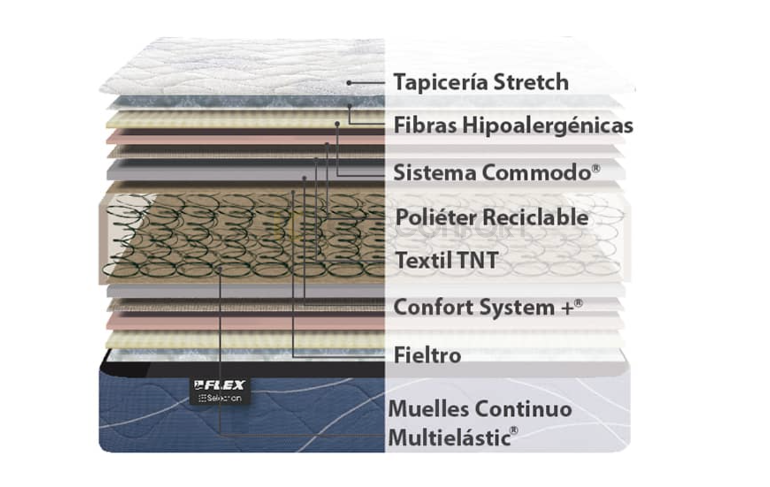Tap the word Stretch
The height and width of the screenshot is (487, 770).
[x=531, y=82]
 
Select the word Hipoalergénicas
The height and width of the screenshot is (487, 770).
[x=548, y=126]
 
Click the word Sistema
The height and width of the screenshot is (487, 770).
[x=435, y=172]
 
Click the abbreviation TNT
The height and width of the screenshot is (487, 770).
[x=478, y=260]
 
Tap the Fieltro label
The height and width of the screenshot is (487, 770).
[x=427, y=355]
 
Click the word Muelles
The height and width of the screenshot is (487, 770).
[x=429, y=409]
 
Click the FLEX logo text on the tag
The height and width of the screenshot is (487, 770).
[x=220, y=385]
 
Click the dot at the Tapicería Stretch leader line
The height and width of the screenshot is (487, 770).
[x=349, y=83]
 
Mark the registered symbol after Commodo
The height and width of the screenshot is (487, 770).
[x=596, y=168]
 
